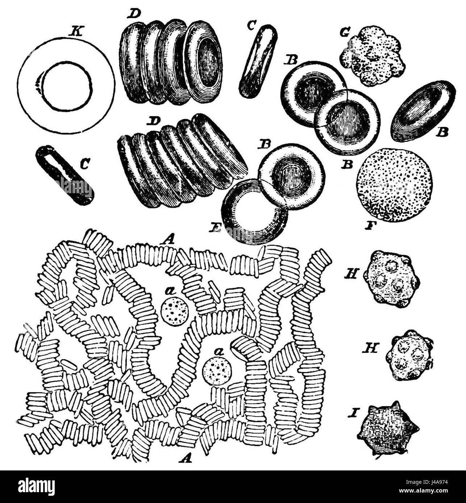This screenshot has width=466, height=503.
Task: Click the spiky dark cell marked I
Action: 388,429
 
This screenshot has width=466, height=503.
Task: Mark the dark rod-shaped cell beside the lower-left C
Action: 65,175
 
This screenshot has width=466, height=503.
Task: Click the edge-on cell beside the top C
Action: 258,61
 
